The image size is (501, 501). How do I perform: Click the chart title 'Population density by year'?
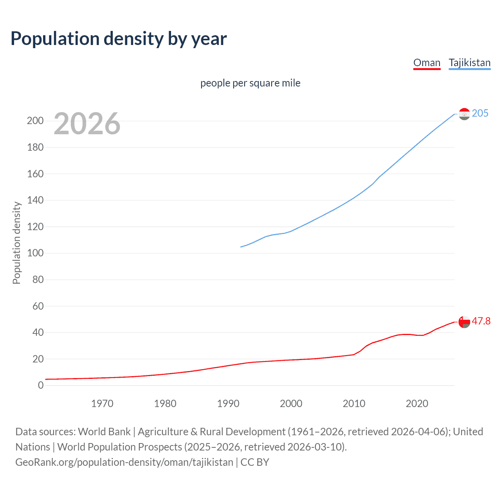pyautogui.click(x=119, y=39)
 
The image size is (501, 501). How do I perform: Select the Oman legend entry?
pyautogui.click(x=427, y=63)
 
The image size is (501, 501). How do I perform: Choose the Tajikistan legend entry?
pyautogui.click(x=469, y=63)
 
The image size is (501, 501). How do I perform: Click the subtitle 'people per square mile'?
pyautogui.click(x=250, y=83)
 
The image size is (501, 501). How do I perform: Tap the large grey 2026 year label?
pyautogui.click(x=87, y=124)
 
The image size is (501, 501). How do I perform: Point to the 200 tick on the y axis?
pyautogui.click(x=35, y=121)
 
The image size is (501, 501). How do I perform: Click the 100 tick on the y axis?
pyautogui.click(x=35, y=253)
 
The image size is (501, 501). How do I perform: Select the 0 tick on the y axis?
pyautogui.click(x=41, y=386)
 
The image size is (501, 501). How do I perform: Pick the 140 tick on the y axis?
pyautogui.click(x=35, y=200)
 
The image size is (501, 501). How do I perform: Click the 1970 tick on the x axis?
pyautogui.click(x=102, y=404)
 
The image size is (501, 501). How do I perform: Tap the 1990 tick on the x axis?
pyautogui.click(x=228, y=404)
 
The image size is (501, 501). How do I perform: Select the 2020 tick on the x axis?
pyautogui.click(x=417, y=404)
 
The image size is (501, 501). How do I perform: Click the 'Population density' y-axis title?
pyautogui.click(x=16, y=243)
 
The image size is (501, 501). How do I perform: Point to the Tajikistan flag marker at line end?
pyautogui.click(x=464, y=114)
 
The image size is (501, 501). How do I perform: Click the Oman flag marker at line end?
pyautogui.click(x=464, y=322)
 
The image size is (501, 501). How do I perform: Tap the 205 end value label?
pyautogui.click(x=480, y=114)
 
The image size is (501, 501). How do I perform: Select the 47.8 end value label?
pyautogui.click(x=481, y=321)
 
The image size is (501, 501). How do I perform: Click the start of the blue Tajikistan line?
pyautogui.click(x=241, y=247)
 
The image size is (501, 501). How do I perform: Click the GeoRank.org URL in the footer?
pyautogui.click(x=124, y=462)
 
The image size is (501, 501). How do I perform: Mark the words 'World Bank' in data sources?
pyautogui.click(x=104, y=432)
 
